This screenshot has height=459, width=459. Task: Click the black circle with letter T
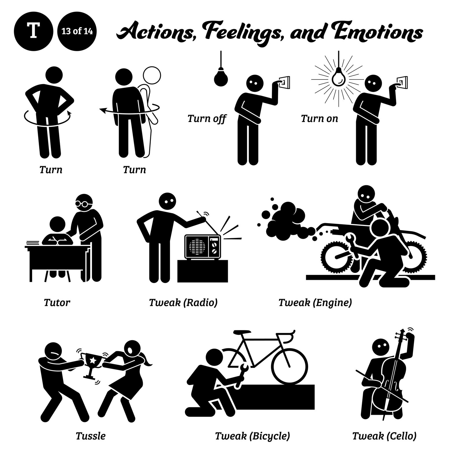coord(33,31)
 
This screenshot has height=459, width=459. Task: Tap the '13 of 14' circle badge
coord(77,31)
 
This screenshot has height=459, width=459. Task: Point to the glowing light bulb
coord(338,77)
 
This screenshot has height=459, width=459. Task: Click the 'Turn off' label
coord(207,119)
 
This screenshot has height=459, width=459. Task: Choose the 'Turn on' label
coord(319,119)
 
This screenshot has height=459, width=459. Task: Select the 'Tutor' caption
coord(57,303)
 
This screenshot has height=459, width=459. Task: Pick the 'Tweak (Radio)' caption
coord(183,303)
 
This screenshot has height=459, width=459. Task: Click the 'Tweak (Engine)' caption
coord(315,303)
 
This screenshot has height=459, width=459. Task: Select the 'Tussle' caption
coord(90,436)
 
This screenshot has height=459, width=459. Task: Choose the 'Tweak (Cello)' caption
coord(384,436)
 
